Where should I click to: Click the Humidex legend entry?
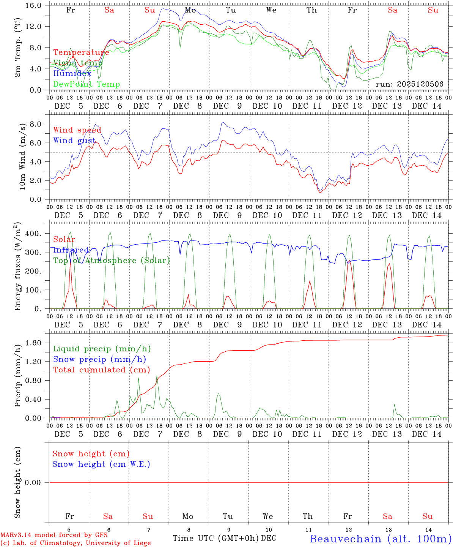(72, 74)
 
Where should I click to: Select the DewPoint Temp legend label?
(87, 84)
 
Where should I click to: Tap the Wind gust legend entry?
(74, 141)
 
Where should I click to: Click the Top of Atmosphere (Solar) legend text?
(112, 261)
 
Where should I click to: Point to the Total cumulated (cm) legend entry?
(102, 370)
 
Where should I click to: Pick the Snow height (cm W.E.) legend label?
(101, 464)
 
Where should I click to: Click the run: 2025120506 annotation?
(409, 84)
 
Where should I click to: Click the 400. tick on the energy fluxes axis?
(38, 234)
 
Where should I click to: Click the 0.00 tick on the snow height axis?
(38, 483)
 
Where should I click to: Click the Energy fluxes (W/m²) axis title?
(18, 267)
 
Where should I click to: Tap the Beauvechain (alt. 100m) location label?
(381, 539)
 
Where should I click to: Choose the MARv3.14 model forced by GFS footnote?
(54, 535)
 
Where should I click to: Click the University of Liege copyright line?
(75, 543)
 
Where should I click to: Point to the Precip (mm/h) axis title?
(18, 376)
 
